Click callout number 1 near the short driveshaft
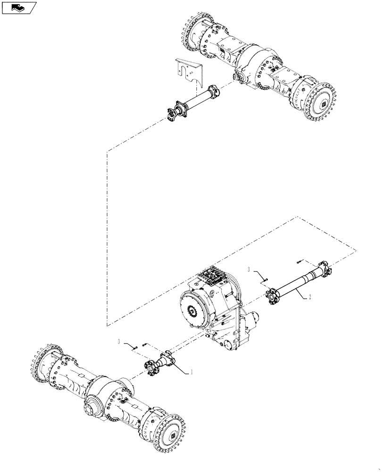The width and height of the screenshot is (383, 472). (192, 372)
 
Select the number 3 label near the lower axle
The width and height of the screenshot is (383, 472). (120, 341)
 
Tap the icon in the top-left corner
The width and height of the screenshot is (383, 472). (19, 8)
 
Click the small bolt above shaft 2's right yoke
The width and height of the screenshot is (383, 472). (300, 260)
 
